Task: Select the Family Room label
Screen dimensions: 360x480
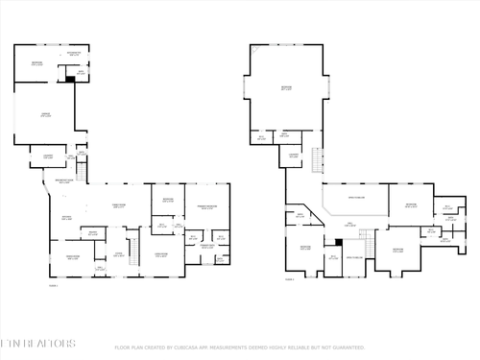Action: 119,205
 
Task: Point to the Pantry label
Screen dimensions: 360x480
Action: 93,233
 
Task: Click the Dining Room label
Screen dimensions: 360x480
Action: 72,256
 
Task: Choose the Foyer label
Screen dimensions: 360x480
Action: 118,254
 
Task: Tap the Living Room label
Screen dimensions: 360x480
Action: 161,255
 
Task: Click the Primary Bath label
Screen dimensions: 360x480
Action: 206,247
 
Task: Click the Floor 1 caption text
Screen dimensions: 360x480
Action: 53,285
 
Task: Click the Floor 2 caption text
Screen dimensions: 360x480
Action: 289,280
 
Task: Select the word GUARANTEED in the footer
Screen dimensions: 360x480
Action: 346,348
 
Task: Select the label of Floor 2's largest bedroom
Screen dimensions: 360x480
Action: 285,87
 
